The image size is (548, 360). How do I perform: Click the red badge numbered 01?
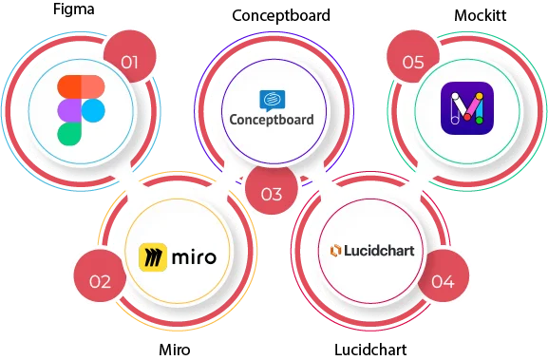click(130, 63)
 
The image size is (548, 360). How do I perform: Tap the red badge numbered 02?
click(100, 280)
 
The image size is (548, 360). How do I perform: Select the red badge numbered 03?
click(271, 195)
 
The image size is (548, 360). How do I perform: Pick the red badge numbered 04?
click(443, 280)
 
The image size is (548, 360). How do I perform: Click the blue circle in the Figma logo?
click(92, 111)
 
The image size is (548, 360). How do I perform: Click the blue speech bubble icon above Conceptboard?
click(271, 100)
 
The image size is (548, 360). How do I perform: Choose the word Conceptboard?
click(272, 121)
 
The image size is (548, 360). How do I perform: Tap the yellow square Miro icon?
click(154, 256)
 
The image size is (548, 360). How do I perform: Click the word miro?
click(194, 256)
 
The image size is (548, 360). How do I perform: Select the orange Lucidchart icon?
click(335, 251)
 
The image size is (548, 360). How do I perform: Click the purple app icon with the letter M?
click(465, 105)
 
